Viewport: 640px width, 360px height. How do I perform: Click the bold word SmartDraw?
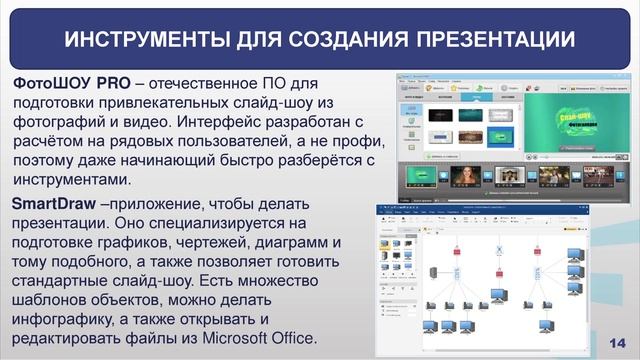coord(53,204)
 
